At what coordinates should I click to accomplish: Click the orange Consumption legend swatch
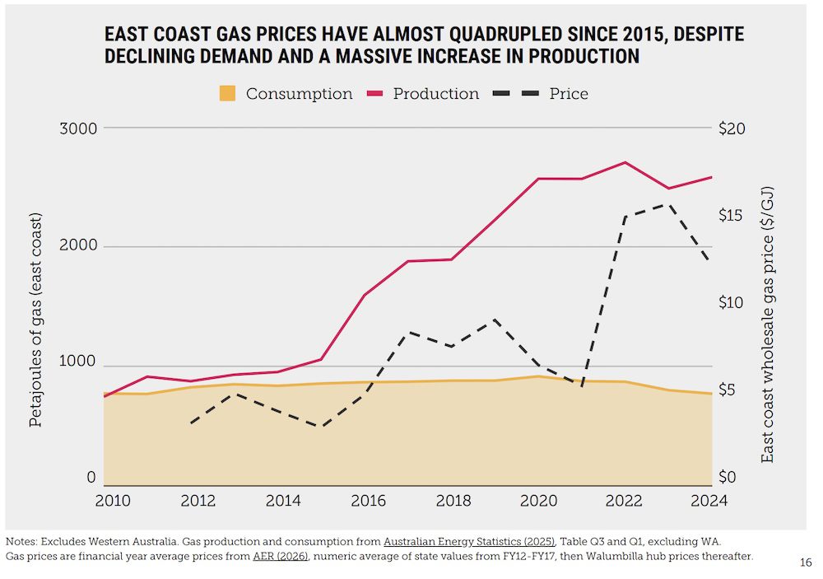pos(228,94)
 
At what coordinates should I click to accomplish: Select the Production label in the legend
pos(435,94)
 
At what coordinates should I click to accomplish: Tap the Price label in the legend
pos(569,94)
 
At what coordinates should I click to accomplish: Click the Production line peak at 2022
pos(625,162)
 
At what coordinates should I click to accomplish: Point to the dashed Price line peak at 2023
pos(668,204)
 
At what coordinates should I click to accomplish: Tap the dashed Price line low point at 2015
pos(319,426)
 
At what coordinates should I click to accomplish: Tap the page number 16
pos(805,563)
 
